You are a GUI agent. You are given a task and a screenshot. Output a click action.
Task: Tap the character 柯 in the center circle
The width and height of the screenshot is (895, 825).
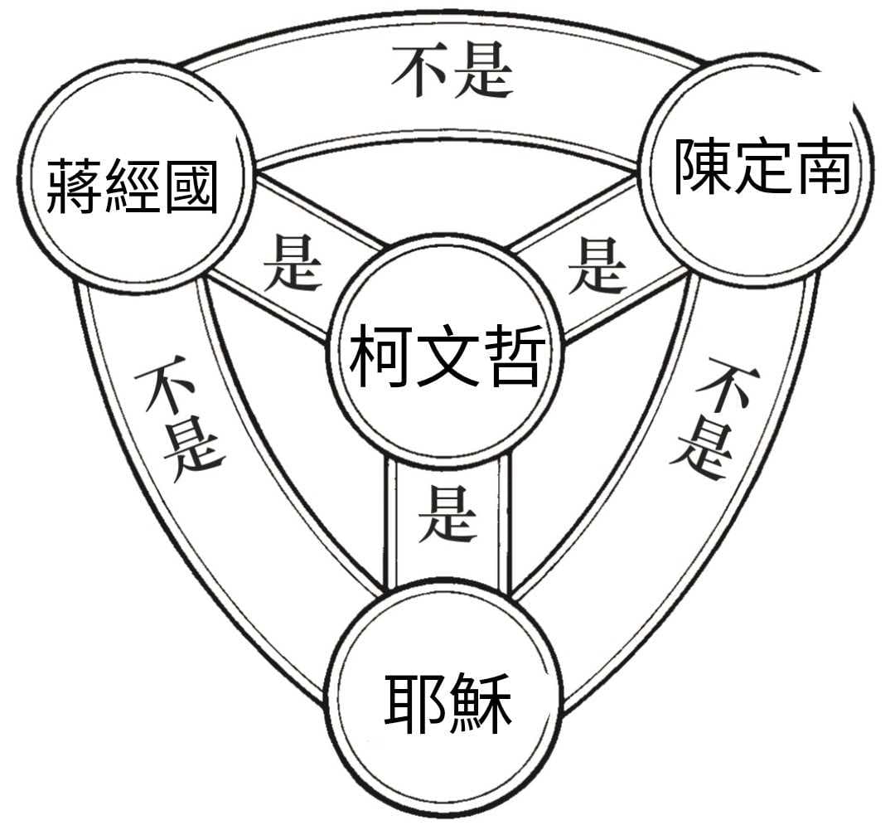point(380,359)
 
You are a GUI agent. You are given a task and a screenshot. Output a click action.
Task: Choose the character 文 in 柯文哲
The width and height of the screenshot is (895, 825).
point(447,359)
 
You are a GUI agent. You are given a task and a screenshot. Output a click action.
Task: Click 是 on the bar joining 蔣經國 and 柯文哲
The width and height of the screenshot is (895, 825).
point(291,260)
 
